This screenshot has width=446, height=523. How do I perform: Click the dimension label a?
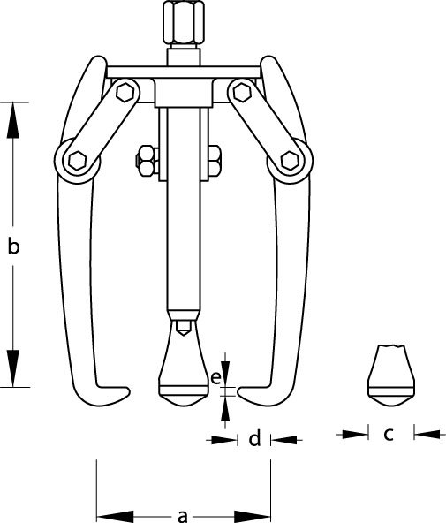coord(182,516)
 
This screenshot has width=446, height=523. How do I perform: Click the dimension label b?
coord(13,246)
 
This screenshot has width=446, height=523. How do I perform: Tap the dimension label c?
coord(389,435)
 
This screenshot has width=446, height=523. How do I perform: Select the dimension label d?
coord(254,438)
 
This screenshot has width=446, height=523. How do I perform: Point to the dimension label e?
coord(216,378)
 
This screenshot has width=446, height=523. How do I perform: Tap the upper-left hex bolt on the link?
coord(125,92)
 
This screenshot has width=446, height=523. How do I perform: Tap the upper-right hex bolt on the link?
coord(242,92)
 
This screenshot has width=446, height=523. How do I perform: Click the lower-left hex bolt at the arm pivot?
coord(77,161)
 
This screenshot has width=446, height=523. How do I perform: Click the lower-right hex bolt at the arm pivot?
coord(290,161)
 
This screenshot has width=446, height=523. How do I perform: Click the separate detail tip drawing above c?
coord(391,375)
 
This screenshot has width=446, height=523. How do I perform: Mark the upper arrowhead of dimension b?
coord(13,120)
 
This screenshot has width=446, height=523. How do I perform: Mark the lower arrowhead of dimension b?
coord(13,368)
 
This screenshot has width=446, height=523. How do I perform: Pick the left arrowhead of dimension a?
coord(116,516)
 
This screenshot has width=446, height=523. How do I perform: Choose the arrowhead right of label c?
coord(429,435)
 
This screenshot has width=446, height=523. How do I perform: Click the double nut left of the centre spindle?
coord(147,161)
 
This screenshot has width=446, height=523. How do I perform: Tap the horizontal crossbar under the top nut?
coord(183,72)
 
